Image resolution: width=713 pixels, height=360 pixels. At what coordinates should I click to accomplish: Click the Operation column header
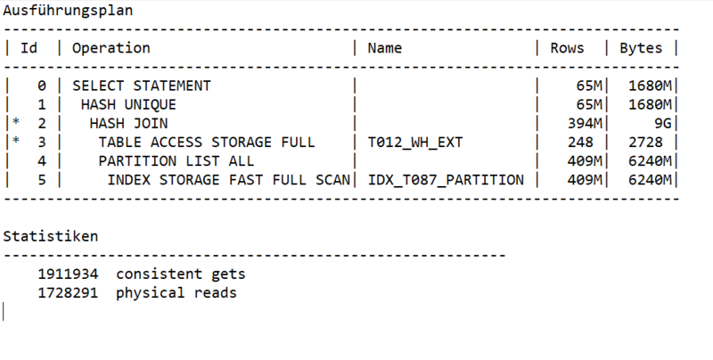tap(111, 48)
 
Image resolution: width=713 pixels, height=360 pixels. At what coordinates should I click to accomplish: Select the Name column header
tap(385, 48)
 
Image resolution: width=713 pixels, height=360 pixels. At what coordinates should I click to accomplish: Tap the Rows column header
tap(568, 48)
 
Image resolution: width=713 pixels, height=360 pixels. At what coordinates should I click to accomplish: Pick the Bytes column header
tap(641, 48)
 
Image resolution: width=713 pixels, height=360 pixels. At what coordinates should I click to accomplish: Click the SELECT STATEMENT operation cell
tap(141, 86)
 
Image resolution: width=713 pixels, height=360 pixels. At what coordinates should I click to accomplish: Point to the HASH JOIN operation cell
tap(128, 124)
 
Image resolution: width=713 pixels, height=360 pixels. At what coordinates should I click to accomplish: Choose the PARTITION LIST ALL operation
tap(176, 161)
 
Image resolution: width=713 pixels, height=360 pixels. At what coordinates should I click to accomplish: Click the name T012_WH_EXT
tap(416, 143)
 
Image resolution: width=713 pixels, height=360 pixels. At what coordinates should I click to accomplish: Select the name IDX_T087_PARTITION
tap(446, 180)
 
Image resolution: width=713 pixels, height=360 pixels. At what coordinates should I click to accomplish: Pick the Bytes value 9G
tap(661, 124)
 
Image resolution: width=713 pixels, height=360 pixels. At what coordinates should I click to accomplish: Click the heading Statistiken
tap(51, 236)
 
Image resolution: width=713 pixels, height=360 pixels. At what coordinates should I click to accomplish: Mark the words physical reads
tap(176, 292)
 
